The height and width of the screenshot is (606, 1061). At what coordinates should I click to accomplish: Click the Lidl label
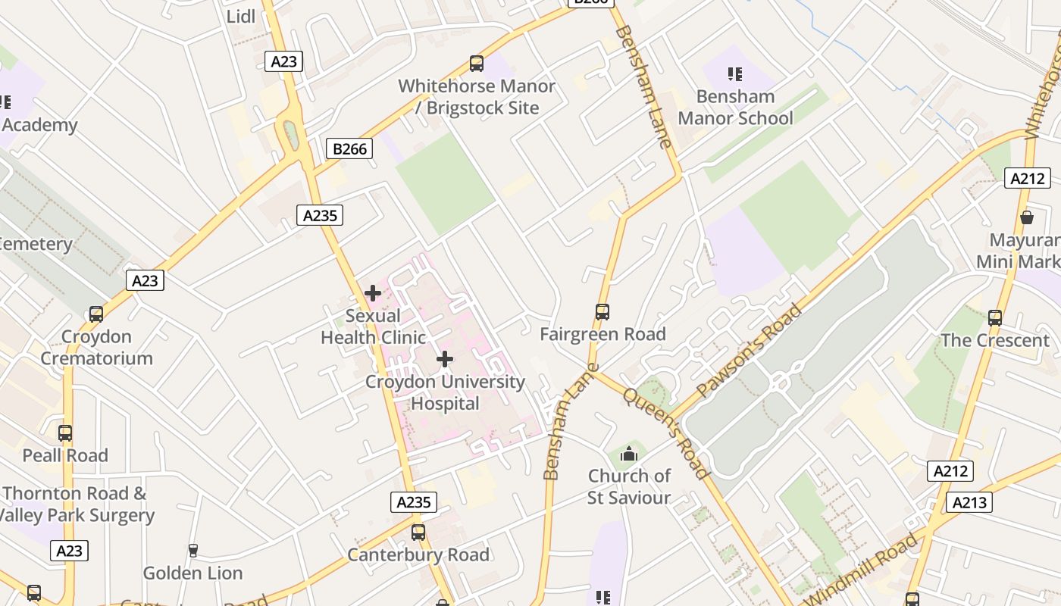click(241, 16)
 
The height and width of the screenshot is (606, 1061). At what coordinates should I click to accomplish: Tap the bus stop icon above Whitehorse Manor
click(476, 64)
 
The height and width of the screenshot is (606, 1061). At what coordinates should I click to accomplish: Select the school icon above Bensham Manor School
click(734, 74)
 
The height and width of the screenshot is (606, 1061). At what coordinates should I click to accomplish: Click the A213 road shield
click(969, 502)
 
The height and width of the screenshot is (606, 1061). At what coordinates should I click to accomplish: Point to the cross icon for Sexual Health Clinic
click(373, 293)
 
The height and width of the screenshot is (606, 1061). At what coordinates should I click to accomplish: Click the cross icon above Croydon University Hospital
click(445, 359)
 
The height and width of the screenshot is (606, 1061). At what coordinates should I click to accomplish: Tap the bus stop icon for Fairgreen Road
click(602, 311)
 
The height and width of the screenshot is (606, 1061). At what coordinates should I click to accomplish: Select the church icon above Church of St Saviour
click(628, 454)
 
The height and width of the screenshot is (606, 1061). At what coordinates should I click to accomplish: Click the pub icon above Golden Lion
click(192, 550)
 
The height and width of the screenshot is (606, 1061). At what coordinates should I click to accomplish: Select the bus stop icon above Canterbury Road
click(418, 533)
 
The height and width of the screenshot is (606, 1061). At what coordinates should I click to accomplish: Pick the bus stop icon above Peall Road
click(65, 433)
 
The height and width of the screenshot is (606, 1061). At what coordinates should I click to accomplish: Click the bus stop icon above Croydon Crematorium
click(96, 314)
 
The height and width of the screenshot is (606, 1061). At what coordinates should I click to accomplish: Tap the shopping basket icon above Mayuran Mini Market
click(1027, 218)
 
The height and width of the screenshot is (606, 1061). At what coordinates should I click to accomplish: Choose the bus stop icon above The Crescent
click(995, 318)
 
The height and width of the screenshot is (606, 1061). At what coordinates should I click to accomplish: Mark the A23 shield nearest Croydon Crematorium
click(145, 281)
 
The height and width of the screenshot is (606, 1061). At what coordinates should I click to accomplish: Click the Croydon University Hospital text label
click(445, 392)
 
